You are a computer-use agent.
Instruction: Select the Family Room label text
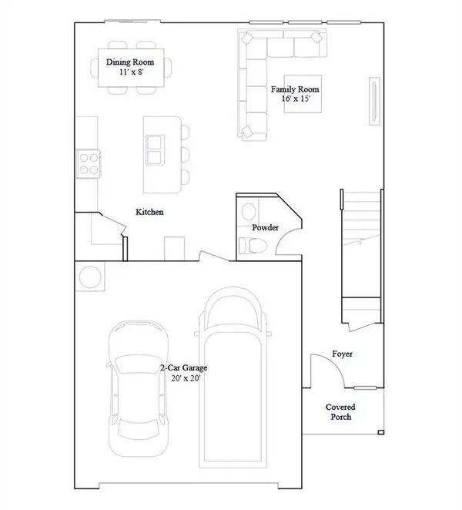coord(295,89)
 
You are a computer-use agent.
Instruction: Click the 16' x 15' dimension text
coord(295,99)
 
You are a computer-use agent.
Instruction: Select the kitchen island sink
coord(155,149)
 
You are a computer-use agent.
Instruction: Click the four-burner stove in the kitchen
coord(89,163)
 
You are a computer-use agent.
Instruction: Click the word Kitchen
coord(149,212)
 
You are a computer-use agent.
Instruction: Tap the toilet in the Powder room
coord(251,245)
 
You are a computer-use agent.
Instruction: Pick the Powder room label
coord(265,228)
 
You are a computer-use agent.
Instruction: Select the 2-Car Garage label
coord(184,368)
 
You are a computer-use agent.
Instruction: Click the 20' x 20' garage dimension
coord(184,378)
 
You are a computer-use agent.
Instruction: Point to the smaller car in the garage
coord(139,385)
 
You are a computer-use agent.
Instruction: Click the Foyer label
coord(343,354)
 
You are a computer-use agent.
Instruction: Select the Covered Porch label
coord(340,411)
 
